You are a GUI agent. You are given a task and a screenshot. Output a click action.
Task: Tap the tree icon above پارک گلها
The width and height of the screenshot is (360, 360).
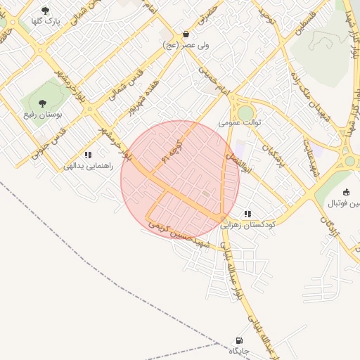(46, 11)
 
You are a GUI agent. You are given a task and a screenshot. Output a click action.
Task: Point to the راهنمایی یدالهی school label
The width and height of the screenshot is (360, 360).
(88, 167)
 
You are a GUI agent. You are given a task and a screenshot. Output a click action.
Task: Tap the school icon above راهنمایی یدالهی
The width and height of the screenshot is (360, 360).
(88, 155)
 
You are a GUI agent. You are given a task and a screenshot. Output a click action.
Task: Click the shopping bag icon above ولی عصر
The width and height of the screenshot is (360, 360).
(186, 34)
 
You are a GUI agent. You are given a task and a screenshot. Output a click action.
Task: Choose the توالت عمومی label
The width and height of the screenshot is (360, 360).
(240, 122)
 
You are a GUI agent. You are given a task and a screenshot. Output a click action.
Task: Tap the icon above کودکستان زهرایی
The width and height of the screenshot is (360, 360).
(247, 214)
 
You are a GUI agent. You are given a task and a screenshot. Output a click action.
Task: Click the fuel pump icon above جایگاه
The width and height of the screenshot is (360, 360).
(239, 340)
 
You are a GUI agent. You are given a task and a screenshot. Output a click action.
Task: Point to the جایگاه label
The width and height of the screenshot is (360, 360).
(239, 351)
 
